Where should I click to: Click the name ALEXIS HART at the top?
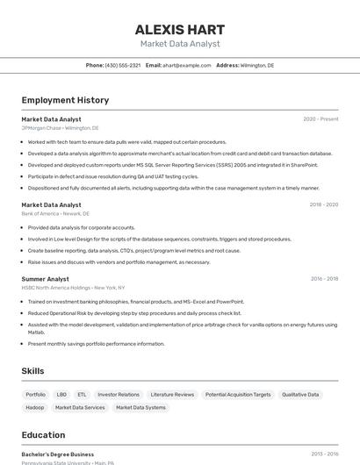(x=180, y=29)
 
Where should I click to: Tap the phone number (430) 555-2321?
(x=122, y=65)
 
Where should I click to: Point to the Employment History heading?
(x=65, y=100)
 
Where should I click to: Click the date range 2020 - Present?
(x=320, y=119)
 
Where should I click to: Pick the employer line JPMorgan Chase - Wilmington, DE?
(x=60, y=128)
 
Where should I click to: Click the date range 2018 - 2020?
(x=323, y=204)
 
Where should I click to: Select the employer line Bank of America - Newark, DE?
(x=55, y=213)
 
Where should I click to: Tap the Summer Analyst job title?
(x=45, y=279)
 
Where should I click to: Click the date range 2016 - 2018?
(x=324, y=279)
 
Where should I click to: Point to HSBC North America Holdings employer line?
(x=73, y=288)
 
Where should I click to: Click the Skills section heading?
(x=32, y=371)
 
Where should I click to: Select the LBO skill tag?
(x=61, y=395)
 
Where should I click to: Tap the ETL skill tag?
(x=82, y=395)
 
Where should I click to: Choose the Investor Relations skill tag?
(x=119, y=395)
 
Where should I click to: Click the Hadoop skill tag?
(x=35, y=407)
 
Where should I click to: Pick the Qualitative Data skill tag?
(x=300, y=395)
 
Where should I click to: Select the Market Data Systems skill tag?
(x=140, y=407)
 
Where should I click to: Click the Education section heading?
(x=43, y=435)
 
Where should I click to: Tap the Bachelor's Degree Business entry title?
(x=58, y=454)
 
